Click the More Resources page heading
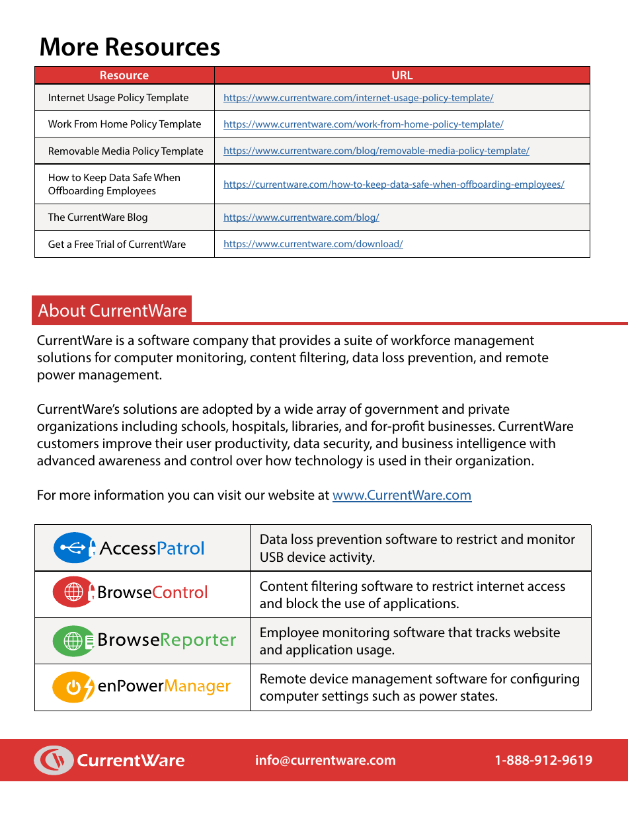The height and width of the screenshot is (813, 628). (x=130, y=48)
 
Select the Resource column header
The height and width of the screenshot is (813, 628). (x=124, y=75)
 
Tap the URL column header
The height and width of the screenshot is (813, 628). (x=402, y=75)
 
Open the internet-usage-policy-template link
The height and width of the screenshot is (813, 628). (x=358, y=98)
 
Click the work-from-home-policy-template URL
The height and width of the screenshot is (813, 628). (x=363, y=124)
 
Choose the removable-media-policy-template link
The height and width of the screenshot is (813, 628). (x=376, y=151)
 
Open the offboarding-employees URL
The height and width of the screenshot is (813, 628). (x=393, y=184)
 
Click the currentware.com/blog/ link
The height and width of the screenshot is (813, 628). (x=301, y=217)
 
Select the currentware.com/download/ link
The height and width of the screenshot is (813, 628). (x=313, y=244)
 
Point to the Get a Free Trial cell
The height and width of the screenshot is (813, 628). (x=117, y=245)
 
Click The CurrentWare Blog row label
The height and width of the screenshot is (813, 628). (x=98, y=217)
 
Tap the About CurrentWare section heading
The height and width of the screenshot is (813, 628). (x=112, y=311)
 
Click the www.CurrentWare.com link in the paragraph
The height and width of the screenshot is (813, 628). (x=402, y=495)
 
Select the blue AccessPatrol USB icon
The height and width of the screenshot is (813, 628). (x=75, y=548)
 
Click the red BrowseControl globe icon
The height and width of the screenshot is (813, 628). (x=73, y=592)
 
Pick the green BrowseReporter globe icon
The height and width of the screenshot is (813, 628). (x=73, y=640)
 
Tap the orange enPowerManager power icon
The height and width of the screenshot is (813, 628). (x=73, y=687)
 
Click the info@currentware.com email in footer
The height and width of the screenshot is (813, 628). (x=325, y=760)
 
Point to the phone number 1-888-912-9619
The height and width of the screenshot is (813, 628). (x=543, y=760)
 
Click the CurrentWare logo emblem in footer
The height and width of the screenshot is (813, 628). (x=54, y=760)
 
